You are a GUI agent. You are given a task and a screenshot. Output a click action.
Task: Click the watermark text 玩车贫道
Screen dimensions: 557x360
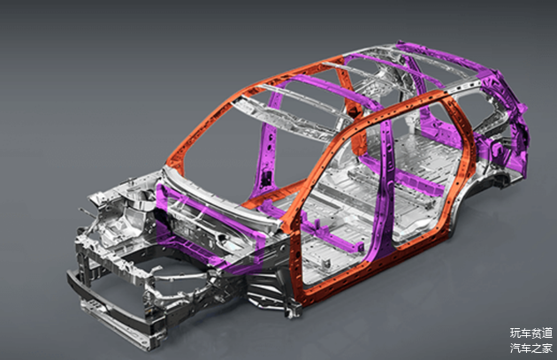[531, 333]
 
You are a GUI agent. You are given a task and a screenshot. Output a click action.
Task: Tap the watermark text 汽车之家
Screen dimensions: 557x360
[531, 348]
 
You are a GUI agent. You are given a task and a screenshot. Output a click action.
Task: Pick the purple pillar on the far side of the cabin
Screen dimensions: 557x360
[267, 149]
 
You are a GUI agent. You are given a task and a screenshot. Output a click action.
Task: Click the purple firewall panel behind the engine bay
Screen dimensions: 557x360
[210, 227]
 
